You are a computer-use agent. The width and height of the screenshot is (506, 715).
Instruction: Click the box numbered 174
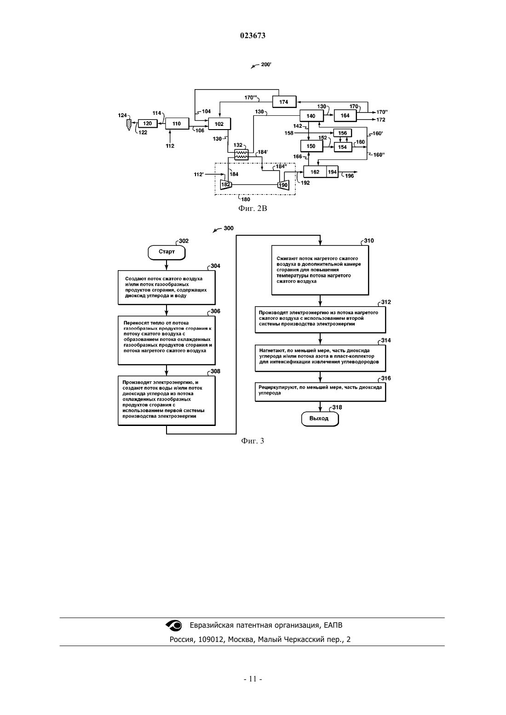tap(284, 102)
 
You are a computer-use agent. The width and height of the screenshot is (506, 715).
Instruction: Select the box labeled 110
tap(177, 124)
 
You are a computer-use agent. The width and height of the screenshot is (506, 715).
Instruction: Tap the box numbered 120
tap(148, 124)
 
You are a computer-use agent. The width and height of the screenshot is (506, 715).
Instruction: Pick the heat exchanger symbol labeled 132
tap(241, 155)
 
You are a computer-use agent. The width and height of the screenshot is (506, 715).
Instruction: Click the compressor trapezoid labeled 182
tap(226, 185)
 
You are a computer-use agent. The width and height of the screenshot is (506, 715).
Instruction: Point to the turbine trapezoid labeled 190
tap(283, 185)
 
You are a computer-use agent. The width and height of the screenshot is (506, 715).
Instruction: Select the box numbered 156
tap(342, 133)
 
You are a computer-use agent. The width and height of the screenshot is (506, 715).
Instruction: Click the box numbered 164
tap(345, 115)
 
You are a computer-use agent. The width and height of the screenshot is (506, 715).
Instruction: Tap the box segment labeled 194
tap(332, 172)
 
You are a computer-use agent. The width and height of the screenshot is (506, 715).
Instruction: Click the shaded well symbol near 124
tap(129, 125)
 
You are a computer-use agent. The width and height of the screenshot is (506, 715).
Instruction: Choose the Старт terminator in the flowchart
tap(167, 252)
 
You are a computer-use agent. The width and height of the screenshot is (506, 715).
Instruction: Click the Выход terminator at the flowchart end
tap(320, 419)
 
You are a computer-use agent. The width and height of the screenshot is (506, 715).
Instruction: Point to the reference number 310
tap(369, 241)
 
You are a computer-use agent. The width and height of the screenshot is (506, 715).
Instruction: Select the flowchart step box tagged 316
tap(320, 392)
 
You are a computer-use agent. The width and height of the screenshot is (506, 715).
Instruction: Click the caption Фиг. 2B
tap(253, 209)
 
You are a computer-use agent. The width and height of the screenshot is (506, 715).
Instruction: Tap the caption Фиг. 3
tap(253, 441)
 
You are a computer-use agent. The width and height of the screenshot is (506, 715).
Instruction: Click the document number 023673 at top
tap(253, 35)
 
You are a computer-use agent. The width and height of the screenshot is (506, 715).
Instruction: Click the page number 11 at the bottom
tap(253, 679)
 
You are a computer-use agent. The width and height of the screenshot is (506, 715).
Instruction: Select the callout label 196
tap(350, 176)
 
